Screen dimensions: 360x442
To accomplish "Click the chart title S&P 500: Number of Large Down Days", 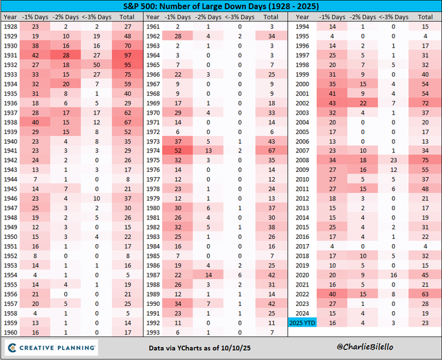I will [221, 7].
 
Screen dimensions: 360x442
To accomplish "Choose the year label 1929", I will [10, 36].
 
